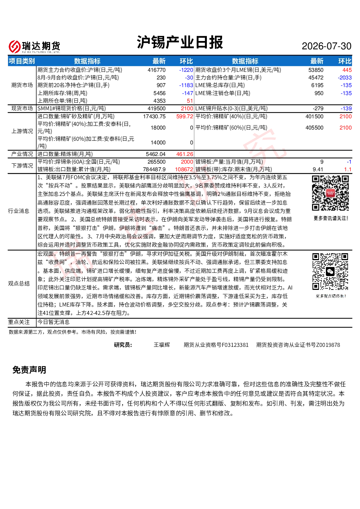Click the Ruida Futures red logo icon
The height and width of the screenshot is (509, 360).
point(15,46)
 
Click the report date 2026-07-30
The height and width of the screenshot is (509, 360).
point(326,46)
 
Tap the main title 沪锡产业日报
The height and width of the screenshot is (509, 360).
point(180,42)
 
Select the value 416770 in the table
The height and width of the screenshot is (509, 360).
point(156,70)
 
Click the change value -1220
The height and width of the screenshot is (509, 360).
point(186,70)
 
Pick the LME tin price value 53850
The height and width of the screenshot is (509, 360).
point(316,70)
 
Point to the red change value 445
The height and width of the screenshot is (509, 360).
point(347,70)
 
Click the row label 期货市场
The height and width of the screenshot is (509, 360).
point(22,85)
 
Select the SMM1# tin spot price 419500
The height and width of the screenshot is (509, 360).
point(156,108)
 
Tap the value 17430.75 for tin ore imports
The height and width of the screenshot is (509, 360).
point(154,116)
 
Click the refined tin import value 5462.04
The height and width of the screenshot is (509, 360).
point(156,154)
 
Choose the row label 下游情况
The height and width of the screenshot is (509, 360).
point(22,166)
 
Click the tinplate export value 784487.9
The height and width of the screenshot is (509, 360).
point(154,169)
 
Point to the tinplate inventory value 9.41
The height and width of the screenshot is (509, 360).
point(318,169)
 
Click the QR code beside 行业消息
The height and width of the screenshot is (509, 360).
point(330,193)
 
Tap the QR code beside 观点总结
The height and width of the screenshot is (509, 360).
point(330,272)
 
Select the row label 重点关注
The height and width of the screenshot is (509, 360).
point(19,322)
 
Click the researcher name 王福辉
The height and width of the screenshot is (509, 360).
point(162,345)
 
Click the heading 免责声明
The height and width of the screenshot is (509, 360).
point(29,370)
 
